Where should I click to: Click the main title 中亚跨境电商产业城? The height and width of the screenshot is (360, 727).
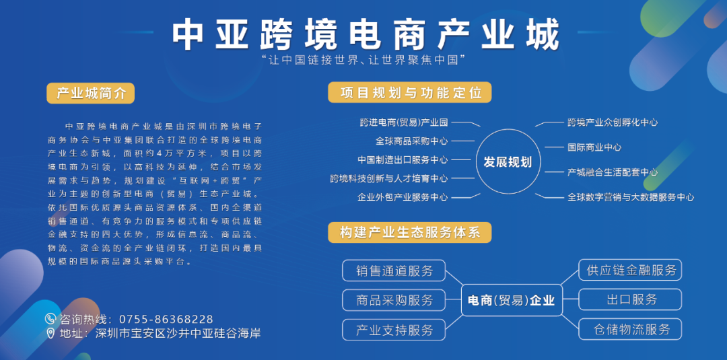366,35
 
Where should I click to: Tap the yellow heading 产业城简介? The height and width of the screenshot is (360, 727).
90,93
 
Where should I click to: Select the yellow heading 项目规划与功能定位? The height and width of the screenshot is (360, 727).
409,92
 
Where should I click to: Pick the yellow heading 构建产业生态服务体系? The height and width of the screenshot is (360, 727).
409,232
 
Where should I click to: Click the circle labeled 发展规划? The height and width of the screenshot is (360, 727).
508,161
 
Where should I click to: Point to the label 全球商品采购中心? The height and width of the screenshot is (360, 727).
412,141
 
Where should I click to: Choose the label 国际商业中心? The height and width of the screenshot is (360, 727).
594,147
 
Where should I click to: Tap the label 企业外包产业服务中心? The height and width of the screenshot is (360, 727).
403,197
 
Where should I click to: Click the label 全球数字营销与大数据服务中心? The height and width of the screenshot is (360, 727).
631,197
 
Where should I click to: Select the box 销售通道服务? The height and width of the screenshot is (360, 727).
394,271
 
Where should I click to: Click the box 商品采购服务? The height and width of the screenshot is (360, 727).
394,299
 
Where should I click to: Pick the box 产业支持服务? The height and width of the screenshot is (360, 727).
394,330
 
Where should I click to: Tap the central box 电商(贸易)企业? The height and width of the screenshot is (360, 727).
512,300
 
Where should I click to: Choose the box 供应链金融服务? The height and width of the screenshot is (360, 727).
630,270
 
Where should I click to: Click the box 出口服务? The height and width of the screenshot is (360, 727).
630,299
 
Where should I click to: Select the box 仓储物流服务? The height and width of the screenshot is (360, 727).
630,329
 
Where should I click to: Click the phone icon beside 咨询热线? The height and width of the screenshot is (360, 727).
50,319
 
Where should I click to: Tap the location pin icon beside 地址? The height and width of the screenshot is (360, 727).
50,333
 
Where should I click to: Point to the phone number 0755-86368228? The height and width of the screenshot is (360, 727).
166,319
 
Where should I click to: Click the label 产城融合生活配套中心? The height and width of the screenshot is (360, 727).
613,172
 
